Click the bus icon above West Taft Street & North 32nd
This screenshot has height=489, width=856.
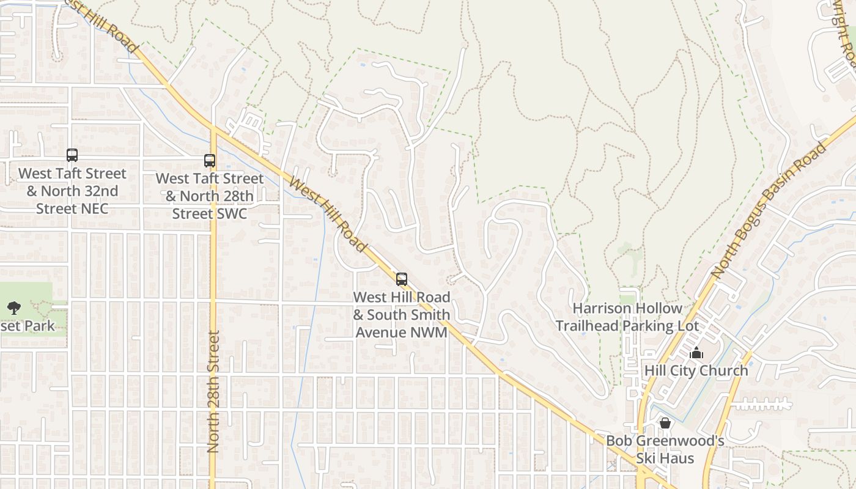[x=72, y=155]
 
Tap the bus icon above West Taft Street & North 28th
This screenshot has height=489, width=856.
[x=210, y=161]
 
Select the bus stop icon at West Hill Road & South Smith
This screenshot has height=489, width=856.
[x=402, y=279]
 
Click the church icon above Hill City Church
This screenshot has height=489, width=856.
[x=696, y=353]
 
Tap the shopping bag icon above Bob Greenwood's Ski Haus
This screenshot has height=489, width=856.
[x=665, y=423]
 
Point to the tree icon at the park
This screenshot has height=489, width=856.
[x=13, y=308]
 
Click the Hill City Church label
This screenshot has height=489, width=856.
[x=696, y=370]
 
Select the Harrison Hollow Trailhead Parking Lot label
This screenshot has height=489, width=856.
[x=627, y=317]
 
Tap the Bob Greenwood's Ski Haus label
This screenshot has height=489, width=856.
[x=665, y=449]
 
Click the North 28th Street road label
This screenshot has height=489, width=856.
[x=213, y=391]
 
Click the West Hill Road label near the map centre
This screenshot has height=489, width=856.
[x=328, y=215]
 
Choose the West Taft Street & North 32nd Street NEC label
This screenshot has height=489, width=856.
[x=72, y=191]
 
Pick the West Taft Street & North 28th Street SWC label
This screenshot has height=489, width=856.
[x=210, y=196]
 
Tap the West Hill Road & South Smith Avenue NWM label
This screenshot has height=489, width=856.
[x=402, y=315]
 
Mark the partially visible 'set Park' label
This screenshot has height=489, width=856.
[x=28, y=326]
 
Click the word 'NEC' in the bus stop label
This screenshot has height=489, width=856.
[x=94, y=208]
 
